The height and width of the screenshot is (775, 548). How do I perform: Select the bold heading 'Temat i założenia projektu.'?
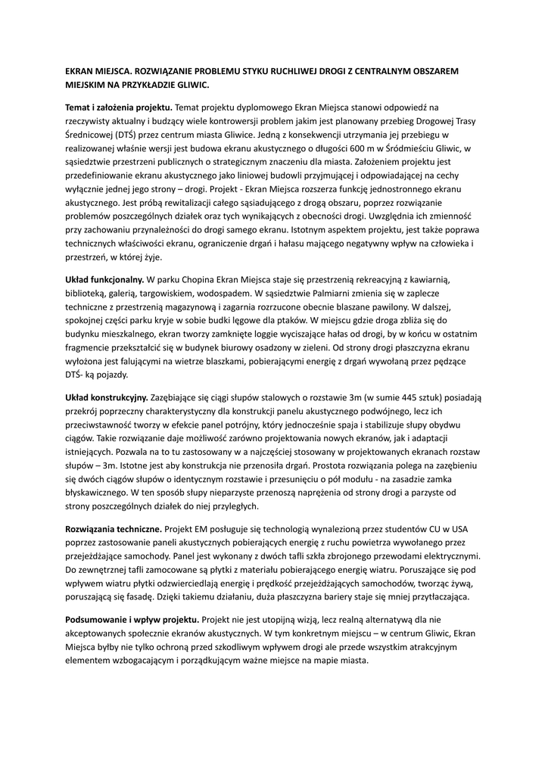[119, 107]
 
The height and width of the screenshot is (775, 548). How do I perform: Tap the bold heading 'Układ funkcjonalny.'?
[104, 279]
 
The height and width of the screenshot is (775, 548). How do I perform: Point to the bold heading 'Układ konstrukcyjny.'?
[107, 396]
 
